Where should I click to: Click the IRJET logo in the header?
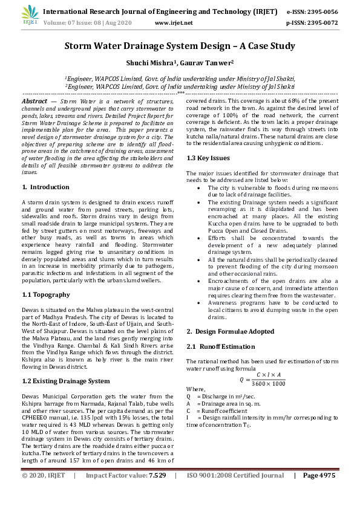30,16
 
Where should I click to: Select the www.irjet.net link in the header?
174,22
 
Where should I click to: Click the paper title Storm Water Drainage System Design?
180,46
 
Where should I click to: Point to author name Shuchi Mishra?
149,63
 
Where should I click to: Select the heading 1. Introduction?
45,187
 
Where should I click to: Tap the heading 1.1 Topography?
46,294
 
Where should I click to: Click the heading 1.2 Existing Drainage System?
66,381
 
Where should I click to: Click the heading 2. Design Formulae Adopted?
230,331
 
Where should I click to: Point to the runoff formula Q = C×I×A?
262,380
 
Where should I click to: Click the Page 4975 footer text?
318,493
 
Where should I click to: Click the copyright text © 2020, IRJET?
44,493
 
